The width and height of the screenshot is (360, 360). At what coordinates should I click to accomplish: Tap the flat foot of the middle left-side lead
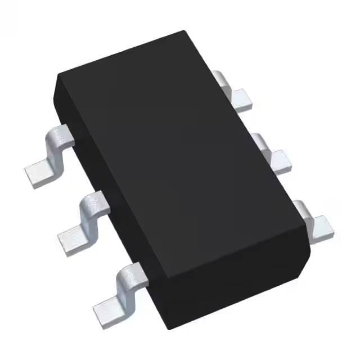tap(71, 241)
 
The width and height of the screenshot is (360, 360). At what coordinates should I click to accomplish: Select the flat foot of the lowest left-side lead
tap(106, 308)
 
